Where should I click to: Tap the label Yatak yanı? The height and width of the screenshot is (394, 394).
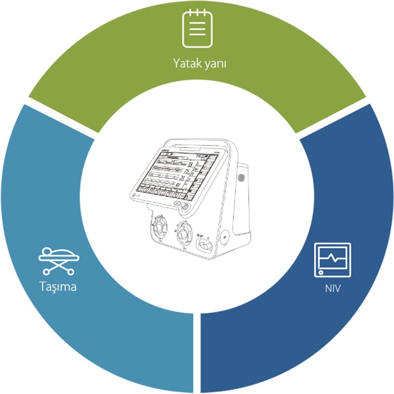coord(199,63)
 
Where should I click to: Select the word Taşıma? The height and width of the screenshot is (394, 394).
coord(58,287)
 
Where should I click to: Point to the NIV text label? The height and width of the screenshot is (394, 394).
coord(332,289)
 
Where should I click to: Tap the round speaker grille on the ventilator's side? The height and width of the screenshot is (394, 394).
coord(241,177)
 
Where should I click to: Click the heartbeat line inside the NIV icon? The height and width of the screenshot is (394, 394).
coord(332,257)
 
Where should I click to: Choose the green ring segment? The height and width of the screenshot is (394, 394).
coord(198,83)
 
